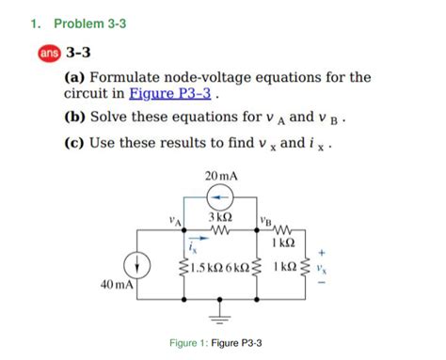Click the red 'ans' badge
(x=47, y=55)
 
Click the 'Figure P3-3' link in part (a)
(x=178, y=95)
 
